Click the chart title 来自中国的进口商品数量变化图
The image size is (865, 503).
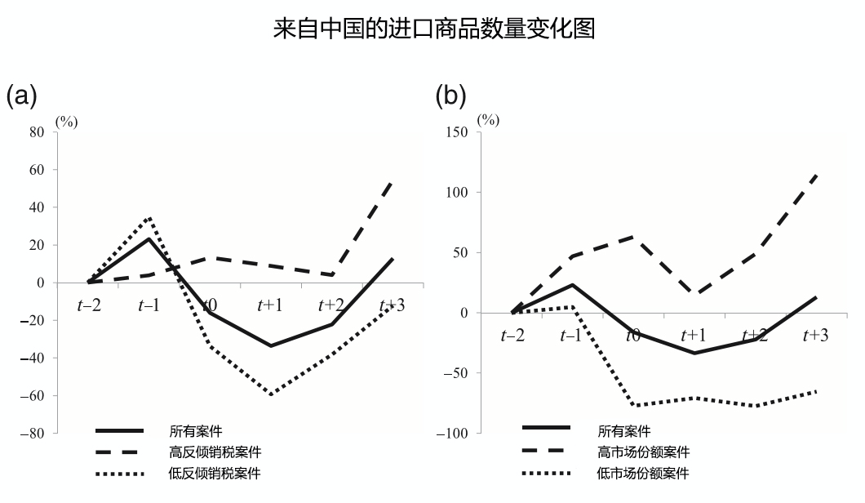(x=432, y=30)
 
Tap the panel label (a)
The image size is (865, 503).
(x=22, y=96)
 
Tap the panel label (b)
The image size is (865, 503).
(x=450, y=96)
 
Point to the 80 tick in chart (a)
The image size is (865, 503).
(x=38, y=132)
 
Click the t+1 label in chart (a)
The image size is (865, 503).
(x=270, y=305)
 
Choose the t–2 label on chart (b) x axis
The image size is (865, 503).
(x=512, y=336)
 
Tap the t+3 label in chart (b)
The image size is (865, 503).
(x=815, y=336)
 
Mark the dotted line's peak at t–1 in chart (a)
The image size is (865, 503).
(x=149, y=218)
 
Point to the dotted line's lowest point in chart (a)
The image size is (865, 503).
(x=270, y=394)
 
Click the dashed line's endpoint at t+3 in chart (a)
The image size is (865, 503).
(x=392, y=182)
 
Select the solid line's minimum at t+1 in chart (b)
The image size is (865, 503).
(x=694, y=353)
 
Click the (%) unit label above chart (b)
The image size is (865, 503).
(x=488, y=119)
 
